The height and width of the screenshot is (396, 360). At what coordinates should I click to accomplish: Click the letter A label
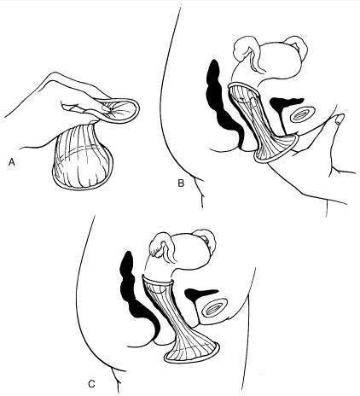pos(12,162)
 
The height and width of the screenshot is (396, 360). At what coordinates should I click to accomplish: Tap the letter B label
pos(181,183)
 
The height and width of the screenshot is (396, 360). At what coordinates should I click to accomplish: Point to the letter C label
pos(91,384)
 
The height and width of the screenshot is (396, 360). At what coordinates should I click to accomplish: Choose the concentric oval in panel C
pos(214,308)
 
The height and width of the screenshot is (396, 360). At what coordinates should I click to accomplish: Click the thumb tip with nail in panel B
pos(339,119)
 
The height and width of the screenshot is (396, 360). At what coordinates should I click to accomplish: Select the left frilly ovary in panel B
pos(242,49)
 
